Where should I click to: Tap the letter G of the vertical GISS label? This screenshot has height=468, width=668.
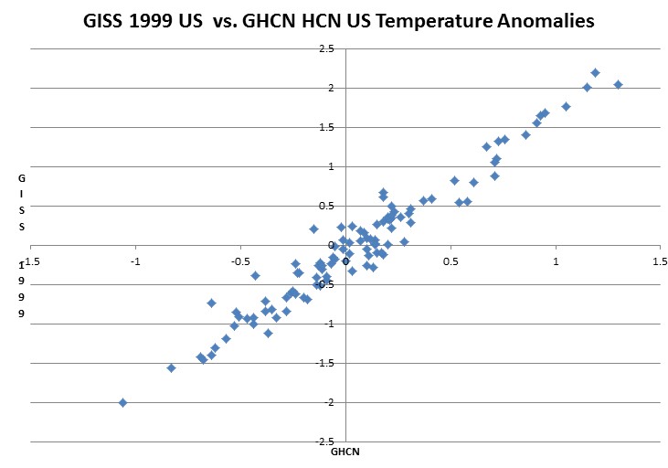21,179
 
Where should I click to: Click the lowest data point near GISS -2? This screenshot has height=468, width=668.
122,402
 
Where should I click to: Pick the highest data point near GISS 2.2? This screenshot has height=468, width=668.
595,72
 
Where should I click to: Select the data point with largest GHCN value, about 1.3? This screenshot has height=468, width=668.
618,84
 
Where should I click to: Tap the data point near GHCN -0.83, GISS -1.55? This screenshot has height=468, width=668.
171,367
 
